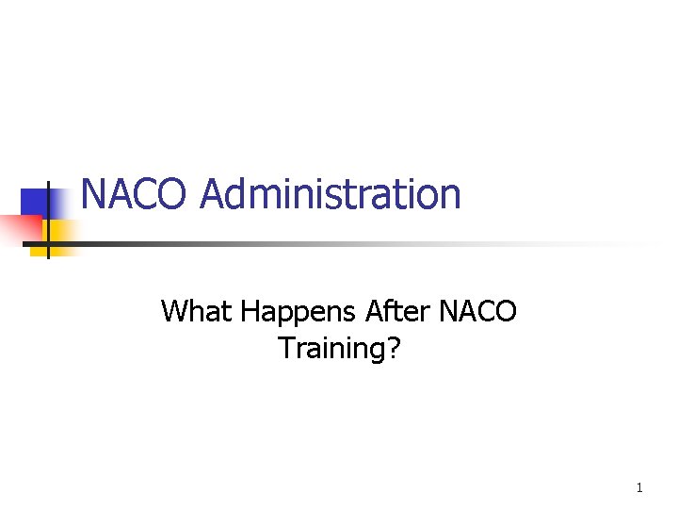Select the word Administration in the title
pos(331,195)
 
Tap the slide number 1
pos(639,487)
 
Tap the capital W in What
pos(175,310)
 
